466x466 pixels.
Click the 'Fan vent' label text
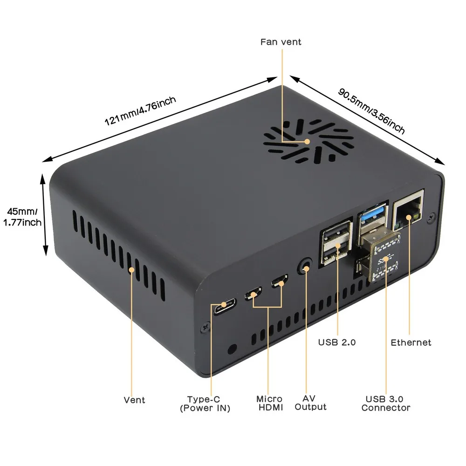(x=281, y=42)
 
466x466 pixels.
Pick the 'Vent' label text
(x=134, y=400)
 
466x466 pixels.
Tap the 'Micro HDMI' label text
(x=269, y=404)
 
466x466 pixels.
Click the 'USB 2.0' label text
(x=337, y=343)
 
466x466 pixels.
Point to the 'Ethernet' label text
(x=411, y=343)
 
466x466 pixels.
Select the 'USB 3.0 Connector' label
(x=385, y=404)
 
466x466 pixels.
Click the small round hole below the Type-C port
(x=232, y=348)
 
